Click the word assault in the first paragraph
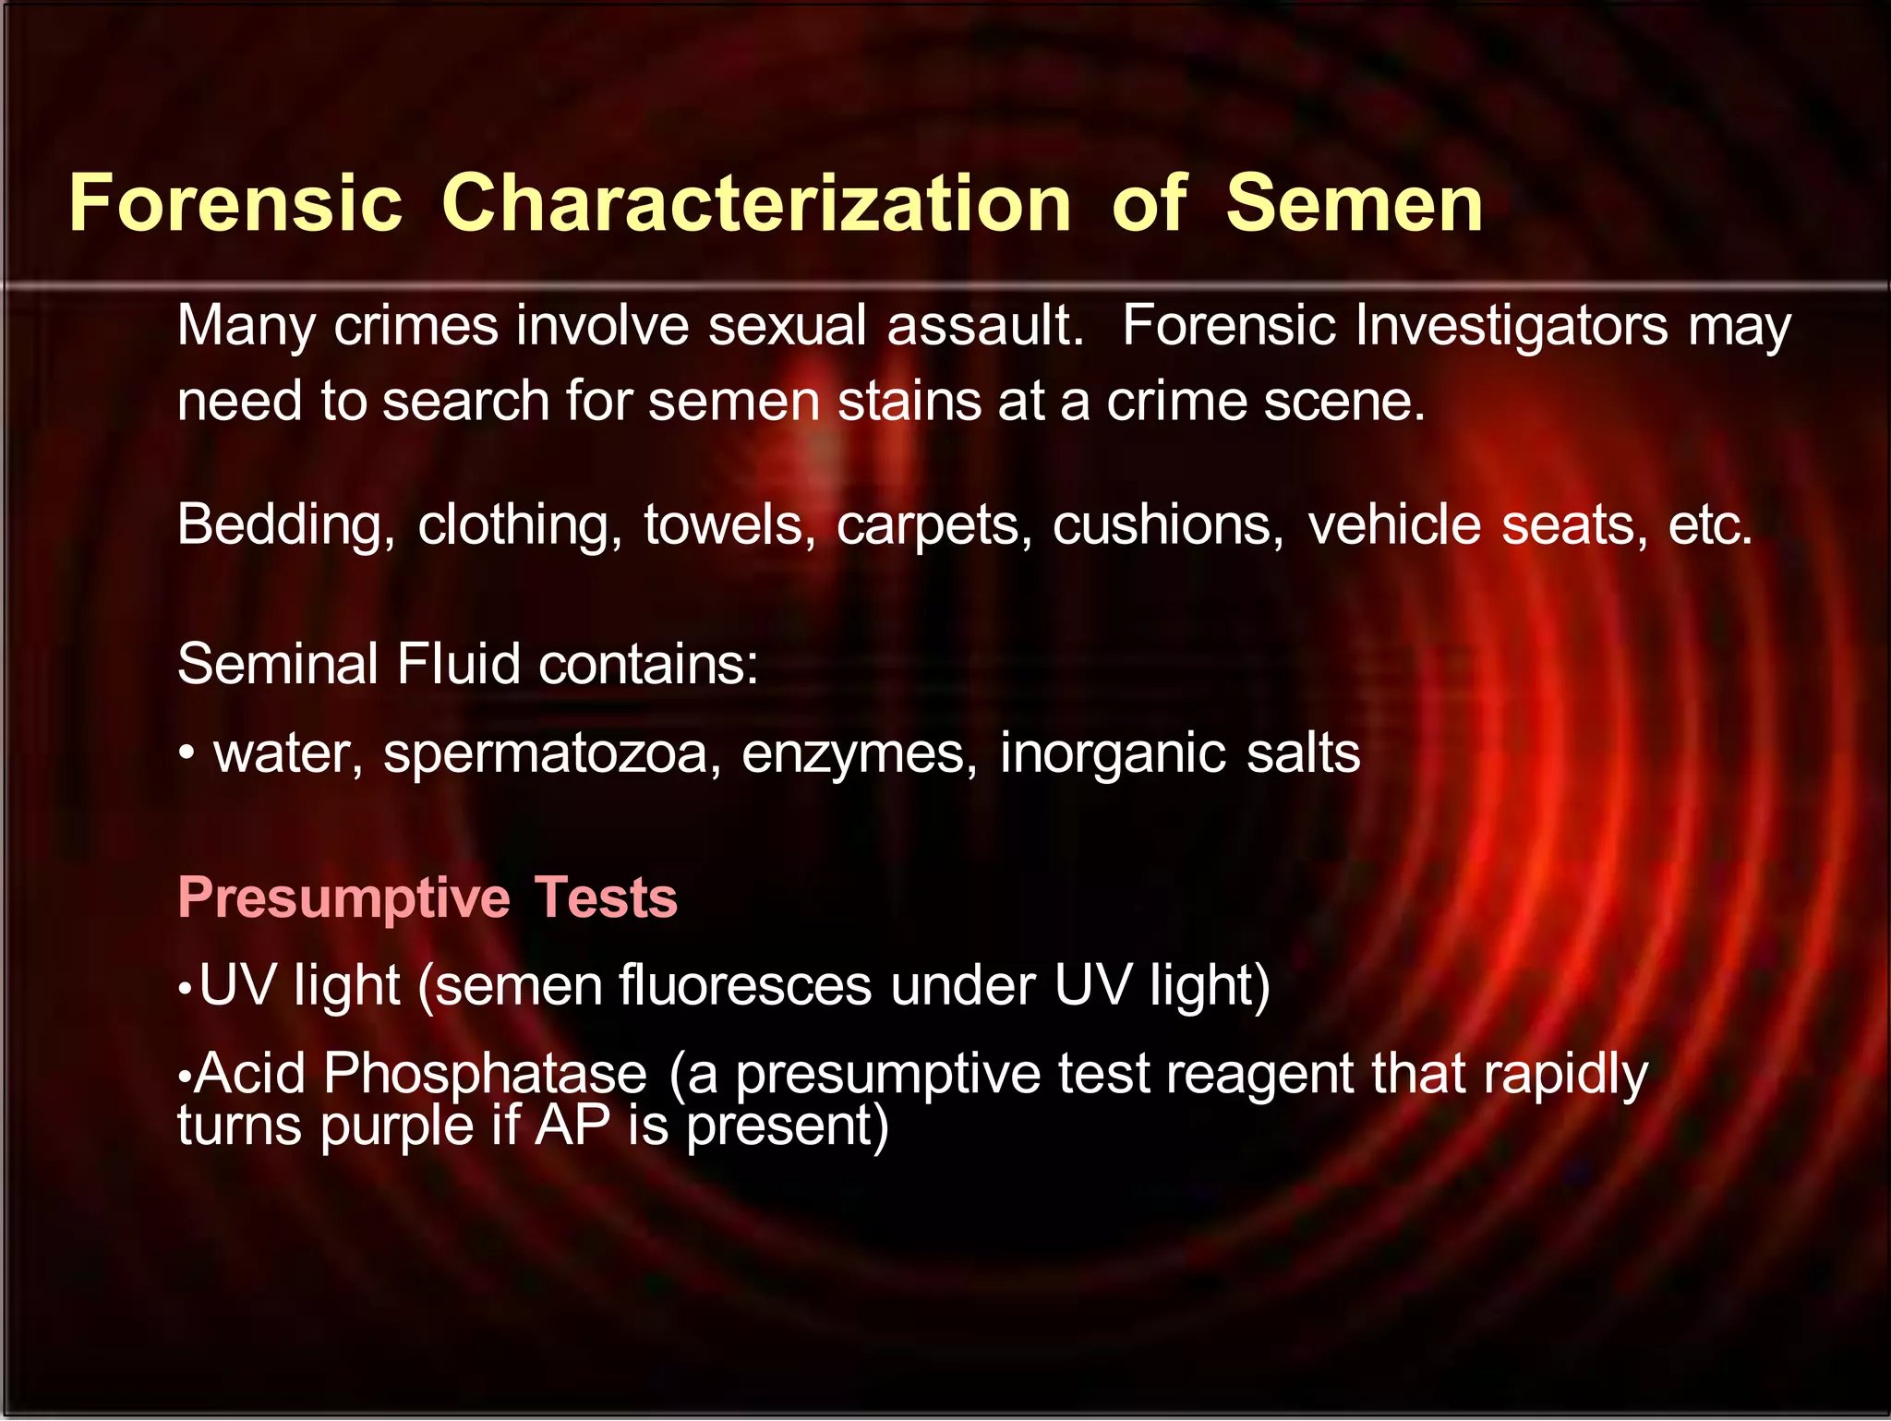tap(984, 326)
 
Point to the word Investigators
tap(1511, 326)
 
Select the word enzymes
tap(859, 754)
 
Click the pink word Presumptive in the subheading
tap(343, 898)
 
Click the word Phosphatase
tap(485, 1074)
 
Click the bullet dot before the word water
tap(187, 754)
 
